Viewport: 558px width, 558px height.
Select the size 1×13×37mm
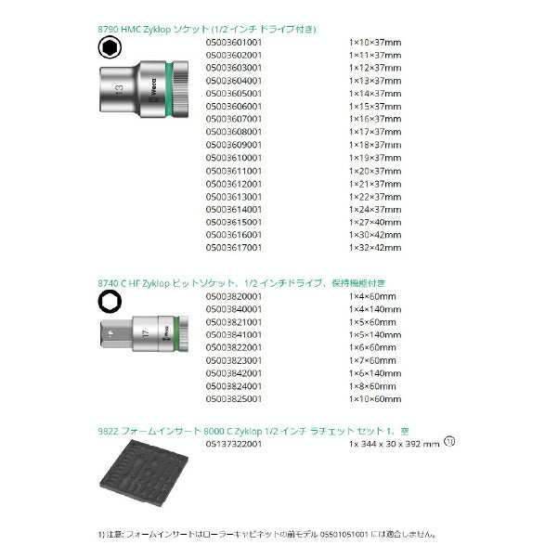374,81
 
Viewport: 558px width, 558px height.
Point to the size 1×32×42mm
374,248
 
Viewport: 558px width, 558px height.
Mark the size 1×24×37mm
374,210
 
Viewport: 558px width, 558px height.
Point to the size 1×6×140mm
376,372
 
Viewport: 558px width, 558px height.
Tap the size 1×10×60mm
374,398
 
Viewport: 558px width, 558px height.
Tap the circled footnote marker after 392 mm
450,441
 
